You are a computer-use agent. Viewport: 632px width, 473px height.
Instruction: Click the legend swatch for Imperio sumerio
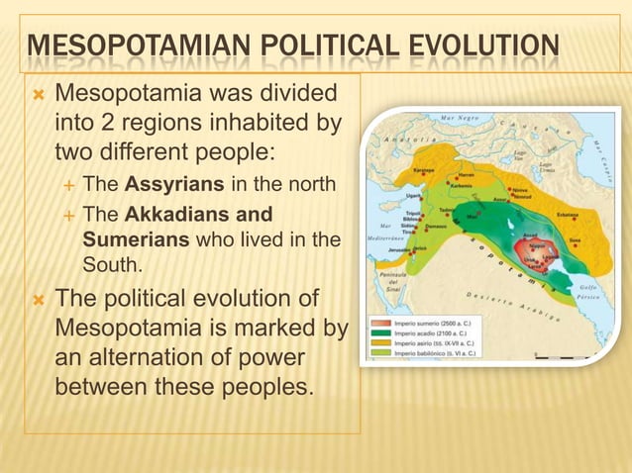click(382, 323)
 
